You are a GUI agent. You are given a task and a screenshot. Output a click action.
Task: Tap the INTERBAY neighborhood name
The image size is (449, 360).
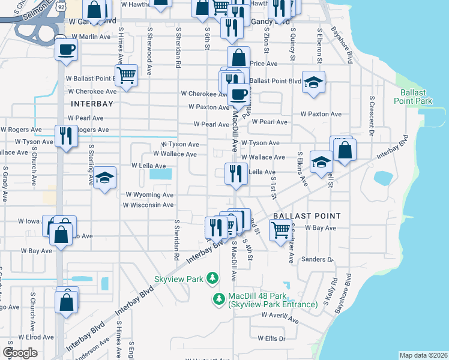pos(92,104)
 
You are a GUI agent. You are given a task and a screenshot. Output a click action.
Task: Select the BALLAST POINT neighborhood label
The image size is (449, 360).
pos(307,215)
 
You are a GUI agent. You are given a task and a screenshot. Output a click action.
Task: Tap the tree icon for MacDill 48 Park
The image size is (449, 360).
pos(220,298)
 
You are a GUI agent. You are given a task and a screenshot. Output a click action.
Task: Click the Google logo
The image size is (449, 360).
pos(20,353)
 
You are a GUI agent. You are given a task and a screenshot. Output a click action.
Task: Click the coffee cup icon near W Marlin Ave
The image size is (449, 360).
pos(67,49)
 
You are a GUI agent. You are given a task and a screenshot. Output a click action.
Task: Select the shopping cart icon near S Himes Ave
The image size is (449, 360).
pos(126,76)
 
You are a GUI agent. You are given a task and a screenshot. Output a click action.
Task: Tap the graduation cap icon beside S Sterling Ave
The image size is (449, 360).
pos(104,178)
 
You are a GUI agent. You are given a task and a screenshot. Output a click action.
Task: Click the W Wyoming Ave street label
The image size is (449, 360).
pos(149,195)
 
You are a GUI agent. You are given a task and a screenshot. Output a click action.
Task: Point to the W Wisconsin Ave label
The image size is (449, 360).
pos(148,205)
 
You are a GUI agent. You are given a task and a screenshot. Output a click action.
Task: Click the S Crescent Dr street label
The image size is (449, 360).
pos(372,115)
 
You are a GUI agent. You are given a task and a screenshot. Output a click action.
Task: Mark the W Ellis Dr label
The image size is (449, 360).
pos(271,338)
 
